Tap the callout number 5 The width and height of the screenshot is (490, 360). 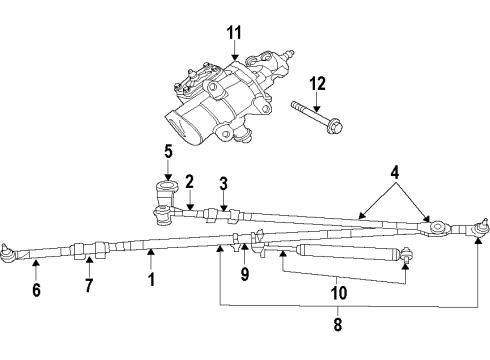coord(169,152)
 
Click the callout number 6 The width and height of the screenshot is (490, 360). coord(35,291)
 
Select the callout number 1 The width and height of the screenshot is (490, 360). coord(151,282)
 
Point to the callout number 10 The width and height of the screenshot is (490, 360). coord(339,294)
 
